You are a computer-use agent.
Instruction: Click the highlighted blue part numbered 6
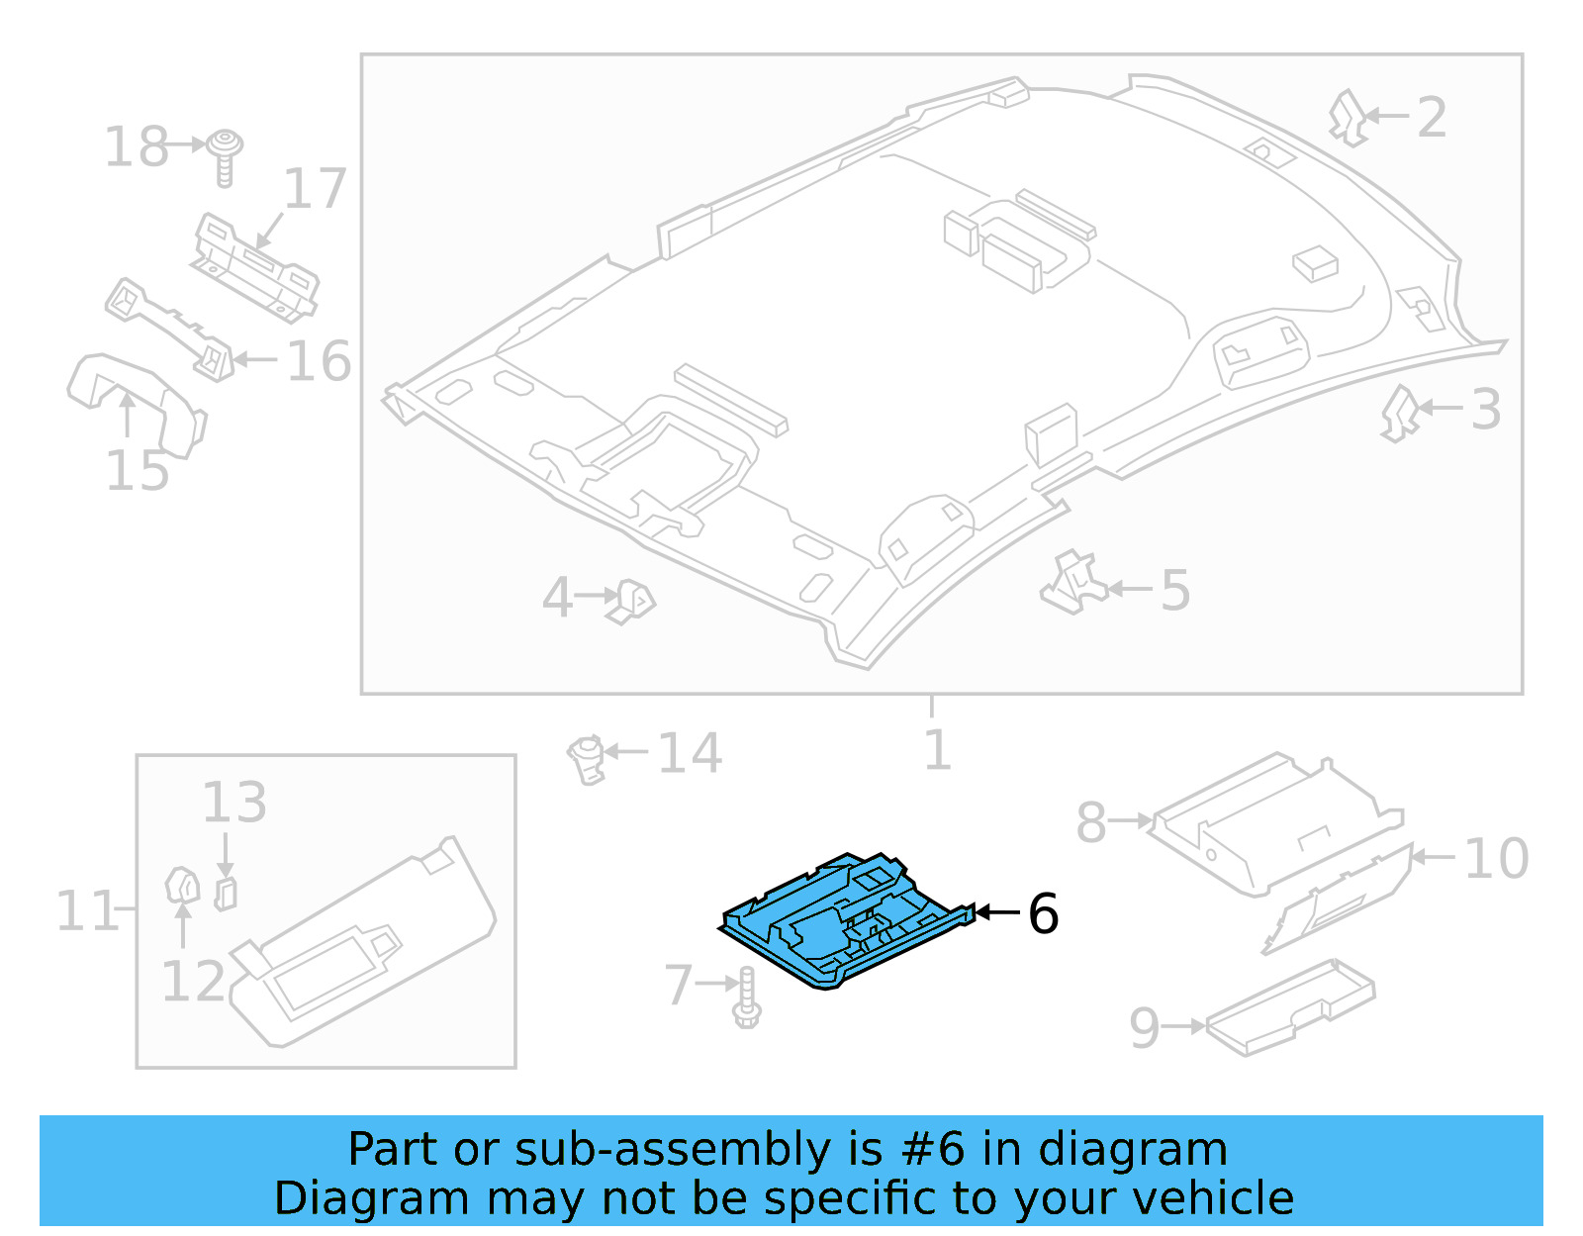point(841,920)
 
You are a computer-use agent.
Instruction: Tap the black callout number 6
point(1043,913)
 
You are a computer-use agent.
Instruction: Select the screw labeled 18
point(227,155)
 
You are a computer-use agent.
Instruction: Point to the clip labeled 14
point(587,759)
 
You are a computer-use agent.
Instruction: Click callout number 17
point(316,188)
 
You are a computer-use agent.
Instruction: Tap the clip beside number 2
point(1348,118)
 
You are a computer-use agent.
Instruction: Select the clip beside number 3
point(1400,412)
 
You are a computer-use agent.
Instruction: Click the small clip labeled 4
point(631,601)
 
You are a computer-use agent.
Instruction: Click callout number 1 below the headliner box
point(936,750)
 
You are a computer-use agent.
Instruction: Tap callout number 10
point(1496,858)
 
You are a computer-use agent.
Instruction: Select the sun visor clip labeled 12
point(182,886)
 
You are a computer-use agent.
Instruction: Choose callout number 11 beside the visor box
point(87,910)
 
